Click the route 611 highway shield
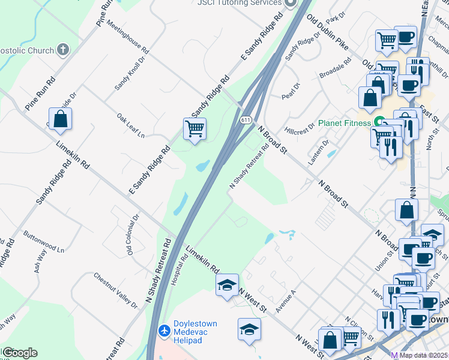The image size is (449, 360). coord(247,121)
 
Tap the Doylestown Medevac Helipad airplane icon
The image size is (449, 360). coord(163,330)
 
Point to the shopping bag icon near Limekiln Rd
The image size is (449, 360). coord(61,119)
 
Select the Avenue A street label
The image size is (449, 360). coord(285,301)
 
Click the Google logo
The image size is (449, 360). coord(20,353)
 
